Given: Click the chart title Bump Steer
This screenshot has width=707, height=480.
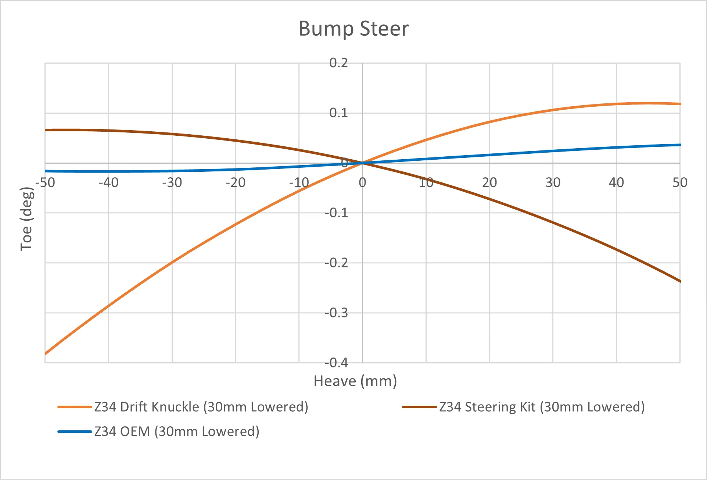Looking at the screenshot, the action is pos(353,29).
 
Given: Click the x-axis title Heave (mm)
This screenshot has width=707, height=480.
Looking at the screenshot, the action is pos(355,381).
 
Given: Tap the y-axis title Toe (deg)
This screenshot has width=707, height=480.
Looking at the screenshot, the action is pos(26,219).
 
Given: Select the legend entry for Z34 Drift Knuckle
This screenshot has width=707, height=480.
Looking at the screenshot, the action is pos(183,407).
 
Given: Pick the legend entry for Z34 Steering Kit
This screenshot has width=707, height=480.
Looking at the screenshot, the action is pos(524,407).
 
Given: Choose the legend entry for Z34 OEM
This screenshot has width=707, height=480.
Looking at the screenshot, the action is pos(158,431).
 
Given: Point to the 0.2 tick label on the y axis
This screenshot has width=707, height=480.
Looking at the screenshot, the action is pos(338,63).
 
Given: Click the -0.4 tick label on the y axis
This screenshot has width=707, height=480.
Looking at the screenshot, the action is pos(336,363).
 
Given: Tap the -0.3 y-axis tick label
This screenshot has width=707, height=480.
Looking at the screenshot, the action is pos(336,313).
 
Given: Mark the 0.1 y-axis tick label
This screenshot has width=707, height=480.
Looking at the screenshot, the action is pos(338,113).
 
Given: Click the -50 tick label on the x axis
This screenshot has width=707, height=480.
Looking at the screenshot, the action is pos(45,182).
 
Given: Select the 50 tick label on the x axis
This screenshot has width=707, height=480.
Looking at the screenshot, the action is pos(680,182).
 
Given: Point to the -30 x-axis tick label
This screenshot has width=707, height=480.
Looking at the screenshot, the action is pos(172,182).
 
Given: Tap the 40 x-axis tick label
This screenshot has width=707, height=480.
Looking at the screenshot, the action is pos(616,182).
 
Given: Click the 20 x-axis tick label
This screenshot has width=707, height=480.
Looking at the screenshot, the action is pos(489,182).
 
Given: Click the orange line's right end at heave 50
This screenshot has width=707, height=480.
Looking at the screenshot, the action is pos(680,104).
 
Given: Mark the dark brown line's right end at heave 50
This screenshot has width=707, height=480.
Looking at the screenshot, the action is pos(680,281).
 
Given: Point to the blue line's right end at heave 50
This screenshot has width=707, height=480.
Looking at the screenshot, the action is pos(680,145).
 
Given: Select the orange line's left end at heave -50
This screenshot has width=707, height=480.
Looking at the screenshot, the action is pos(45,354).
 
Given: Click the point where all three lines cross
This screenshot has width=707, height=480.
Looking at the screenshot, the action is pos(363,163).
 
